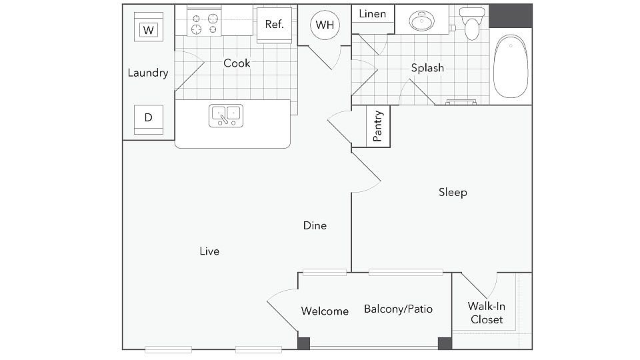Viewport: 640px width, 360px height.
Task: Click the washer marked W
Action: click(x=149, y=27)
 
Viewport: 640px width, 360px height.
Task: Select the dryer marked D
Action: click(x=149, y=119)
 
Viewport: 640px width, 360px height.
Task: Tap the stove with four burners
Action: click(x=205, y=24)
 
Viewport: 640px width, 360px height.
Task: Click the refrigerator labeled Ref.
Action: click(x=274, y=25)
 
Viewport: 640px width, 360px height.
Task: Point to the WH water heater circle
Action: click(x=325, y=25)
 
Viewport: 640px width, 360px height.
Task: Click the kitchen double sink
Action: click(x=226, y=116)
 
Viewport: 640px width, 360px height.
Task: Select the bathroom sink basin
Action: click(x=422, y=21)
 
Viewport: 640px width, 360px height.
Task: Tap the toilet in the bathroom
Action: click(x=472, y=24)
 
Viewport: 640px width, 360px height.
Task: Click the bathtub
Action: click(x=511, y=67)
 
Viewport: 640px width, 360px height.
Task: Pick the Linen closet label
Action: click(x=373, y=14)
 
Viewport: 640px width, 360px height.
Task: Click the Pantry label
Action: click(x=378, y=126)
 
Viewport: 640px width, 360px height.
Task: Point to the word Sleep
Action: click(x=453, y=192)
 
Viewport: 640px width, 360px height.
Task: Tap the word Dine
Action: click(x=315, y=225)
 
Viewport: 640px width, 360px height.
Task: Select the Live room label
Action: click(x=209, y=251)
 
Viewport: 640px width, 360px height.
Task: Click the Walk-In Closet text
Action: click(x=487, y=313)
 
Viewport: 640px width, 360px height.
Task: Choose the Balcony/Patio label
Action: click(x=399, y=309)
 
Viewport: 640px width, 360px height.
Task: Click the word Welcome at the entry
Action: click(x=325, y=311)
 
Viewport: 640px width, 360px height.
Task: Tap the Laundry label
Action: click(x=148, y=73)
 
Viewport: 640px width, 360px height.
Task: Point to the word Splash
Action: click(x=427, y=68)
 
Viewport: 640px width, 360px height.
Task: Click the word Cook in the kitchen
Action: click(x=237, y=63)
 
